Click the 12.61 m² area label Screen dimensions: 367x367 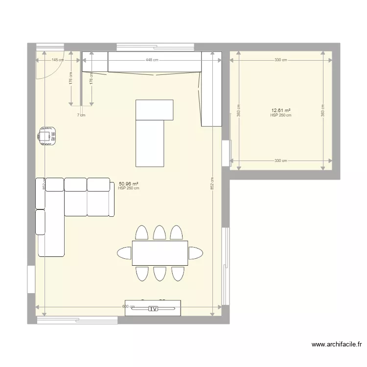click(x=280, y=111)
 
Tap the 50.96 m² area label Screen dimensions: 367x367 click(x=128, y=184)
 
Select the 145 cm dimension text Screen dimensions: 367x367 click(x=57, y=60)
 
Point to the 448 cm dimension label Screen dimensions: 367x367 click(x=152, y=60)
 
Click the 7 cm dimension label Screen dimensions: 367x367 click(x=81, y=115)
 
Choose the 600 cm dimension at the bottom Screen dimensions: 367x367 click(x=128, y=306)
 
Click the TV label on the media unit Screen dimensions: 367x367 click(x=153, y=309)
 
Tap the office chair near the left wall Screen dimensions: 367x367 click(x=47, y=135)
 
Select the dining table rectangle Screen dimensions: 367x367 click(x=160, y=252)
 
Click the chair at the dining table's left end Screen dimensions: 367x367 click(x=124, y=253)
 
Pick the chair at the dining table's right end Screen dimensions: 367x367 click(x=196, y=253)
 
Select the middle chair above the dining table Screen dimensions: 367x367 click(x=160, y=232)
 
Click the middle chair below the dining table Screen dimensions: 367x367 click(x=160, y=273)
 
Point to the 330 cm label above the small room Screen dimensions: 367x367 click(x=280, y=60)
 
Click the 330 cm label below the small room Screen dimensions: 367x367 click(x=280, y=161)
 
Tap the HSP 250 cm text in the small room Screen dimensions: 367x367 click(x=280, y=115)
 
